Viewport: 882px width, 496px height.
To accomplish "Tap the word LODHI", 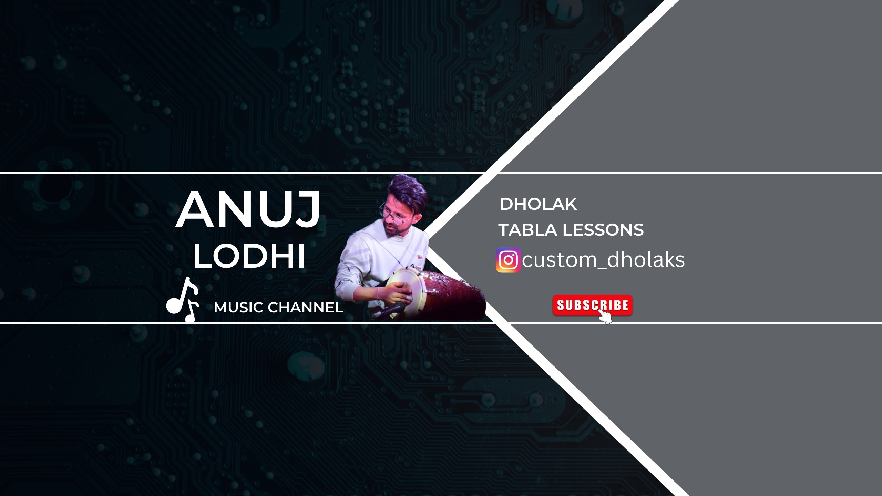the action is click(249, 256).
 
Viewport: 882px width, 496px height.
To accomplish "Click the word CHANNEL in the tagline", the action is click(305, 308).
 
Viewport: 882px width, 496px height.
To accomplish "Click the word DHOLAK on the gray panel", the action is click(538, 204).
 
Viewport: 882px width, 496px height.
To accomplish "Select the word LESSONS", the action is click(603, 230).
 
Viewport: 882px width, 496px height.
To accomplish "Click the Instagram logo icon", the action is click(508, 260).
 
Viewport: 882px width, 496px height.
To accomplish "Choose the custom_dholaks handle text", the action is click(603, 260).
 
